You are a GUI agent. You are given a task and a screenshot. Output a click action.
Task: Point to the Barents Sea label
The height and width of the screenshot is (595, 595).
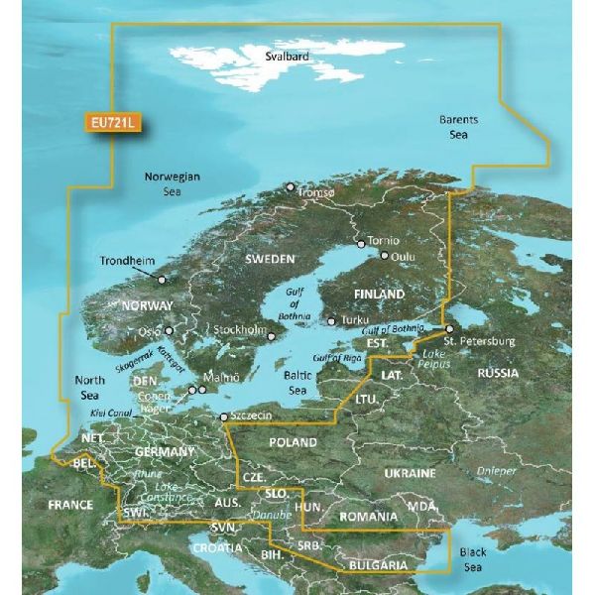pyautogui.click(x=458, y=126)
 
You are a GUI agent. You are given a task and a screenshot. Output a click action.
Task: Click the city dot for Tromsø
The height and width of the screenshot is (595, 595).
pyautogui.click(x=290, y=186)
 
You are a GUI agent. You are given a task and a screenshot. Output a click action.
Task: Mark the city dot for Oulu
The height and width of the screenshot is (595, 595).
pyautogui.click(x=384, y=255)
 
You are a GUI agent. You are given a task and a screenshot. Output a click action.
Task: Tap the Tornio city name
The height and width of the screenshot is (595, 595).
pyautogui.click(x=382, y=241)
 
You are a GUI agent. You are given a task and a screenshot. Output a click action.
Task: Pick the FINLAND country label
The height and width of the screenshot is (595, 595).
pyautogui.click(x=380, y=296)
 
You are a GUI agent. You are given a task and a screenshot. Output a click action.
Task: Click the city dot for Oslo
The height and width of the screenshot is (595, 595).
pyautogui.click(x=170, y=332)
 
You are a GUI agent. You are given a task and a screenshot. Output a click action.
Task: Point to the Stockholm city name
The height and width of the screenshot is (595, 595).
pyautogui.click(x=240, y=329)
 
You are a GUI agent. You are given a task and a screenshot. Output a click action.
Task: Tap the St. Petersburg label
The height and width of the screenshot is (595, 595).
pyautogui.click(x=480, y=342)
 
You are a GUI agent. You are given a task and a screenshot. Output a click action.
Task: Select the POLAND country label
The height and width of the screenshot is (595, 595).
pyautogui.click(x=294, y=442)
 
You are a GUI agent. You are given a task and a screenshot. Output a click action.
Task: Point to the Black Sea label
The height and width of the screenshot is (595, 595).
pyautogui.click(x=472, y=560)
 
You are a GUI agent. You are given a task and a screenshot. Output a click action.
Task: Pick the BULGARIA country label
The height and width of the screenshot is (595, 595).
pyautogui.click(x=377, y=565)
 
